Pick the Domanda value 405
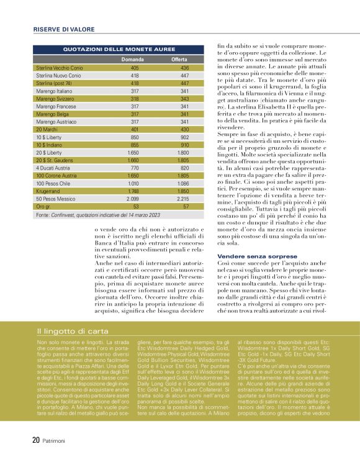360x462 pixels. tap(135, 67)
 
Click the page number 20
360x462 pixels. tap(36, 440)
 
